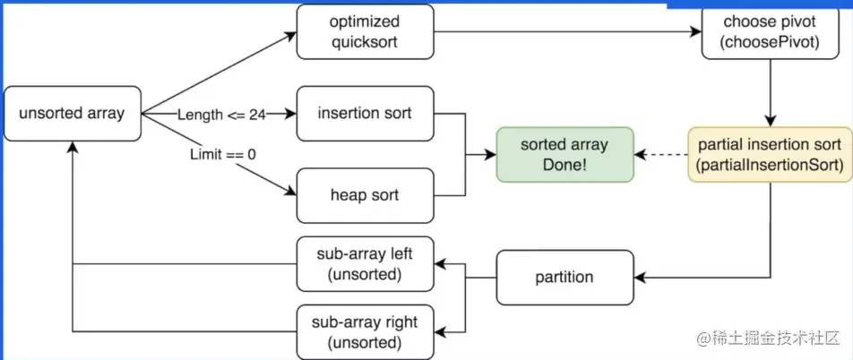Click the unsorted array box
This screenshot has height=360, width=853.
73,114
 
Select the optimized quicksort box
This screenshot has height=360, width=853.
365,32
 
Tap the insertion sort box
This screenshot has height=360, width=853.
365,114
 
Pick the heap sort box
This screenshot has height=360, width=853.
365,194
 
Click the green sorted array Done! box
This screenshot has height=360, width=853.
564,154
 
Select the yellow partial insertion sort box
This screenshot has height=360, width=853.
769,154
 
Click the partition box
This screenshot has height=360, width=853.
564,277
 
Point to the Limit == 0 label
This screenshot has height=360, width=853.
222,154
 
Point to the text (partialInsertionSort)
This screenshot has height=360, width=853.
769,164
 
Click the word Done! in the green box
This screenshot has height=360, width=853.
564,164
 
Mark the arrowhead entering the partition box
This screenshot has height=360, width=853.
640,277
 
